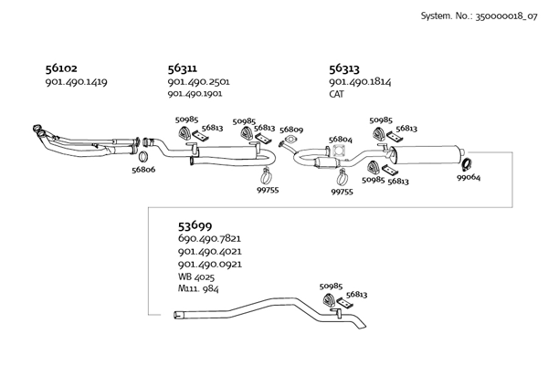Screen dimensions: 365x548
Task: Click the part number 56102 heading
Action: (63, 68)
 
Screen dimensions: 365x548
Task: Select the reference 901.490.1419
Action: (76, 82)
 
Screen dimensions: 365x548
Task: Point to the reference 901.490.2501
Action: (198, 82)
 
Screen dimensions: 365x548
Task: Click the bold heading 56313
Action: (344, 68)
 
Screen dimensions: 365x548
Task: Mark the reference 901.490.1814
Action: (360, 82)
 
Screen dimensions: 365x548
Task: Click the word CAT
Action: (338, 94)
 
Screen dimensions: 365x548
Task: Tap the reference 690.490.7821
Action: (209, 239)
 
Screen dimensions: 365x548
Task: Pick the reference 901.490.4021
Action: (209, 251)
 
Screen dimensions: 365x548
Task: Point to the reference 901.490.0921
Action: (209, 263)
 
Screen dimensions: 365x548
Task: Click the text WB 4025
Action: (196, 276)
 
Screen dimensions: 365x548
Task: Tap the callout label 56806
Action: (143, 170)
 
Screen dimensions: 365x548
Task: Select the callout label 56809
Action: (291, 130)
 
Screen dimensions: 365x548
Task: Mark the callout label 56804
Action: (341, 140)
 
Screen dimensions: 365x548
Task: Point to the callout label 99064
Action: (469, 177)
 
